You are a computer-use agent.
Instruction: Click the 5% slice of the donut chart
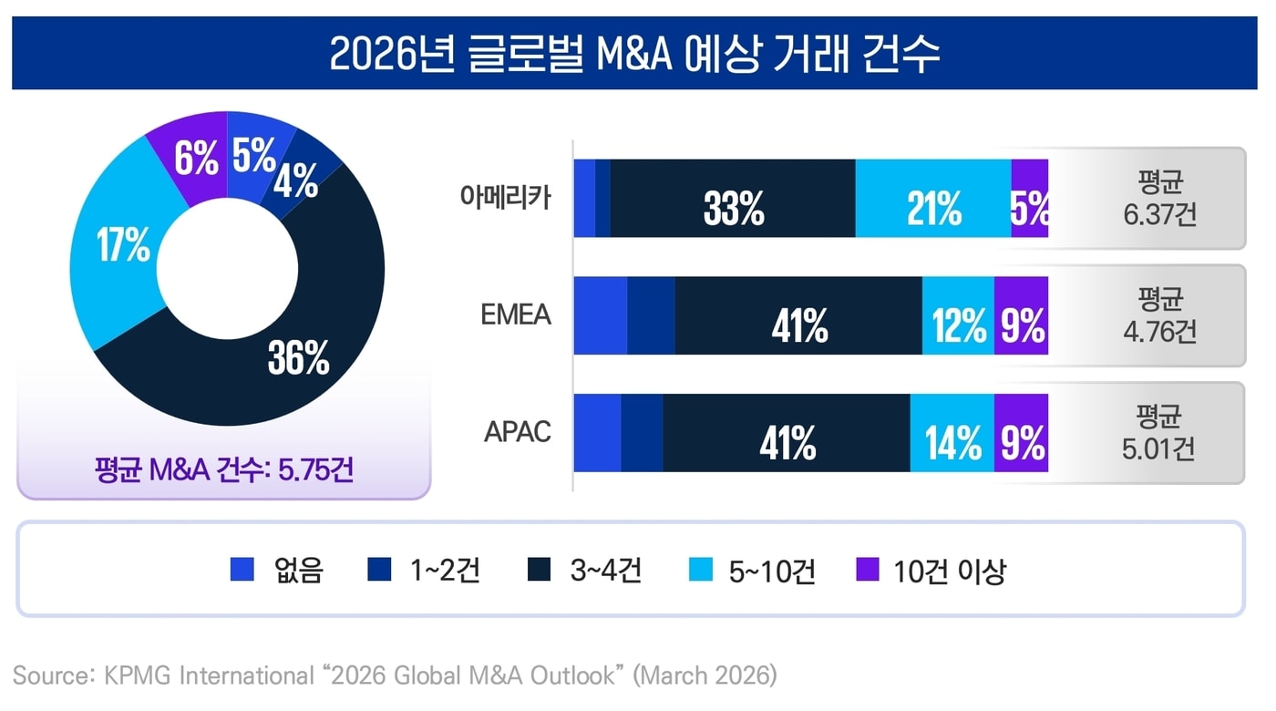coord(253,156)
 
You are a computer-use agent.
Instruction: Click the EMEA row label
coord(516,314)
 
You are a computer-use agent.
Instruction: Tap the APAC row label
coord(517,431)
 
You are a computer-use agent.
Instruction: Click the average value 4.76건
coord(1159,331)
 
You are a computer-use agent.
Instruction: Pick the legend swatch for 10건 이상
coord(869,571)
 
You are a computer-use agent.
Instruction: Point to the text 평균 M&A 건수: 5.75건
coord(223,471)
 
